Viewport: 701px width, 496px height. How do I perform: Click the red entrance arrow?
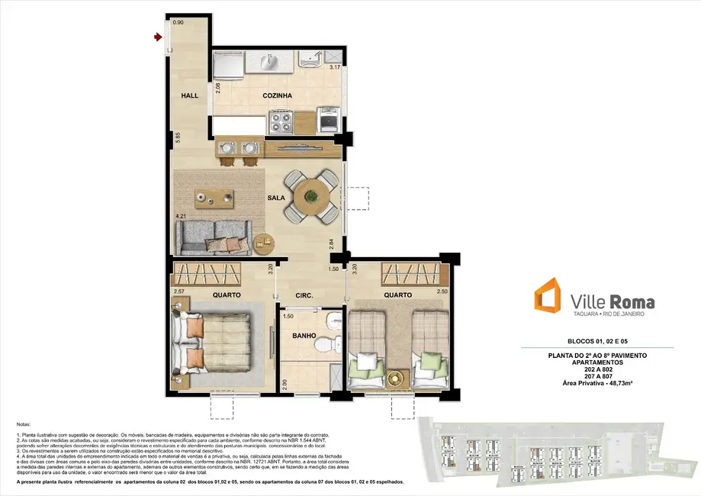point(158,37)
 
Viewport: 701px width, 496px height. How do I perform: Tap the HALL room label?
point(190,96)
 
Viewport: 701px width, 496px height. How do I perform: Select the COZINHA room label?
point(277,96)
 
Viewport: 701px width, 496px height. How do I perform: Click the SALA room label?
point(275,198)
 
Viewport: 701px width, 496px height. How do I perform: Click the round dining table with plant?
point(310,195)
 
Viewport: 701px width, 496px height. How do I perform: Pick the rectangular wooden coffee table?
point(215,197)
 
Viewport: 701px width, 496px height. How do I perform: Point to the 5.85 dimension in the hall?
point(177,138)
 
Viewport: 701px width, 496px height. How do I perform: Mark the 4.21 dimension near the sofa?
point(181,217)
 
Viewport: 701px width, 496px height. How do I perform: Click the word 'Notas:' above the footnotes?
point(24,424)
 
